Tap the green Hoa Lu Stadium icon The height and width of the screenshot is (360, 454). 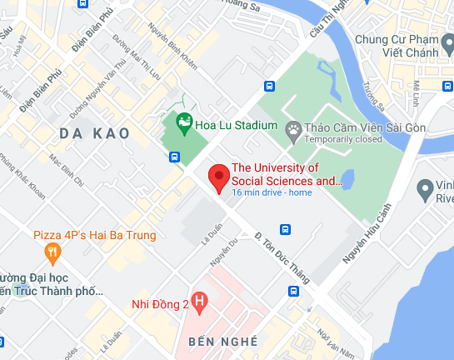tap(184, 125)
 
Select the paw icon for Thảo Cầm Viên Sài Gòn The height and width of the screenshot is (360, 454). tap(293, 128)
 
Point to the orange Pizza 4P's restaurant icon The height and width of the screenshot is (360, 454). tap(52, 251)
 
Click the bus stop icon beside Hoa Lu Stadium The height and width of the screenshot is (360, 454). tap(174, 156)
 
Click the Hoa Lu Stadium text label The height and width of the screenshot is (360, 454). tap(237, 125)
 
